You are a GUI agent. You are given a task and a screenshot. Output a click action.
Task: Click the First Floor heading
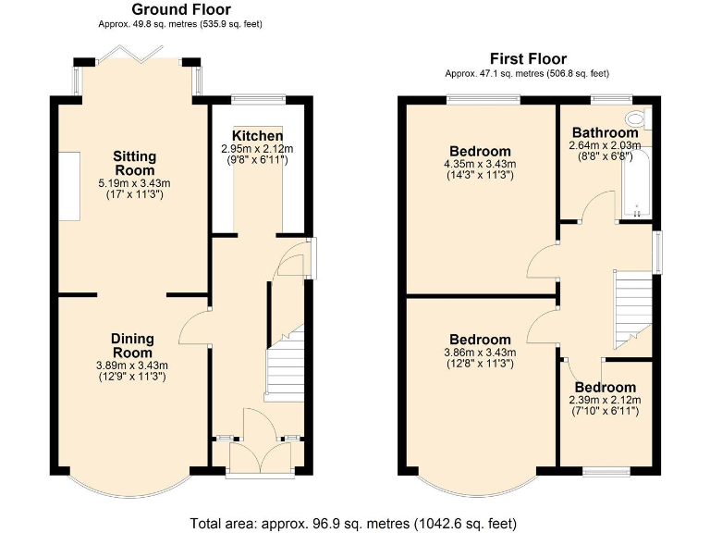tap(528, 59)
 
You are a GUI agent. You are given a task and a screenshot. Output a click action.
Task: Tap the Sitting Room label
tap(135, 163)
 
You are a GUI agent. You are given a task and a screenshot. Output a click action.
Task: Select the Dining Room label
tap(132, 345)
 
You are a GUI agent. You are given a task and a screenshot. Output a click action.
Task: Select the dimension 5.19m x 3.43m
tap(135, 183)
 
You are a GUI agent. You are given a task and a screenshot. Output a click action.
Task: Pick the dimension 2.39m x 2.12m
tap(605, 400)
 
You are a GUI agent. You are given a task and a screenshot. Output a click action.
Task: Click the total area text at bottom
tap(354, 523)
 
